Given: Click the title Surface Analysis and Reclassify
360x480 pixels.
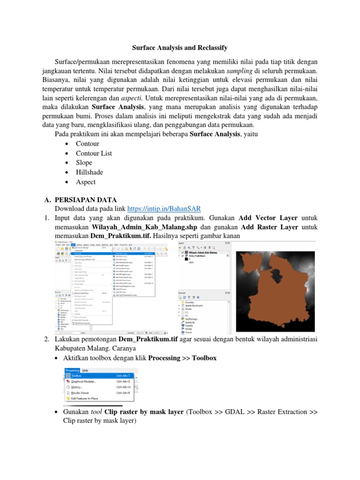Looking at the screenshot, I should pos(180,48).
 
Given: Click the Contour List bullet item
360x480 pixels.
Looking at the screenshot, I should pos(94,153).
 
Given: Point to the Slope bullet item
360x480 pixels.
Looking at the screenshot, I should pos(84,163).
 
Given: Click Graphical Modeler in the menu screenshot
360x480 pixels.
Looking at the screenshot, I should pos(84,382).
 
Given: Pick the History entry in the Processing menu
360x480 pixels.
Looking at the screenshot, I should pos(77,387).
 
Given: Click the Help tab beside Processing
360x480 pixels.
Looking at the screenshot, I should pos(85,370).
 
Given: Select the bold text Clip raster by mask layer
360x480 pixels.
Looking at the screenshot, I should pos(144,412).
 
